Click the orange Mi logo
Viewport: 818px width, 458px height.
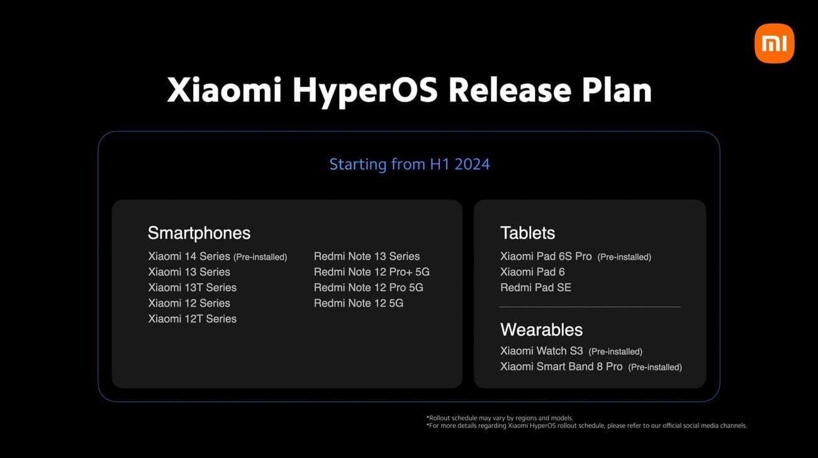coord(774,43)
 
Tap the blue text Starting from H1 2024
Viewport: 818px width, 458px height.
coord(410,164)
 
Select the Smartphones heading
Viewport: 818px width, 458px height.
coord(199,233)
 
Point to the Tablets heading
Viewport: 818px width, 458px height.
coord(527,233)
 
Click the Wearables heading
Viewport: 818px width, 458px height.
coord(541,329)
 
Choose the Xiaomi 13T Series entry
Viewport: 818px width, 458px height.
coord(192,287)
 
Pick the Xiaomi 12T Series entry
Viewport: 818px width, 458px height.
coord(192,319)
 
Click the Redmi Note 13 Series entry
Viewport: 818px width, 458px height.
coord(366,256)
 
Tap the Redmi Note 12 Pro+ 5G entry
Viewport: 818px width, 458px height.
coord(371,272)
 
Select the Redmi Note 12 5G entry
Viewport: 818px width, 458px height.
coord(358,303)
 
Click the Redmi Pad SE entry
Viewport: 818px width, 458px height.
coord(535,287)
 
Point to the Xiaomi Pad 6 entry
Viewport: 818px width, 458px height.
coord(532,272)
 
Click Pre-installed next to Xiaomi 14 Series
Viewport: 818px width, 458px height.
coord(260,257)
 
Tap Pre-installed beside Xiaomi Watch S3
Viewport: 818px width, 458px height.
coord(615,352)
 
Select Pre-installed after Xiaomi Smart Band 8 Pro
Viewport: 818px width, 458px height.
coord(654,367)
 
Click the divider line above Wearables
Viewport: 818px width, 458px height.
coord(590,307)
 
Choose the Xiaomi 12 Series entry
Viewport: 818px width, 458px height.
coord(189,303)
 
